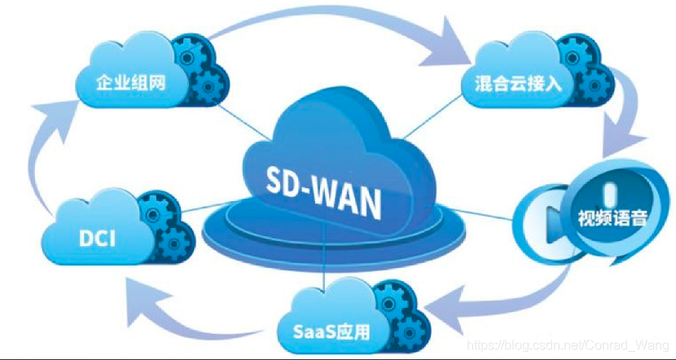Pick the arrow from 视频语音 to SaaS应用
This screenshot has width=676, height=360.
click(505, 305)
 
